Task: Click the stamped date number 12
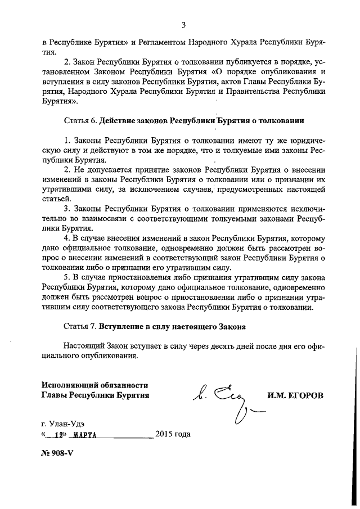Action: tap(56, 434)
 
